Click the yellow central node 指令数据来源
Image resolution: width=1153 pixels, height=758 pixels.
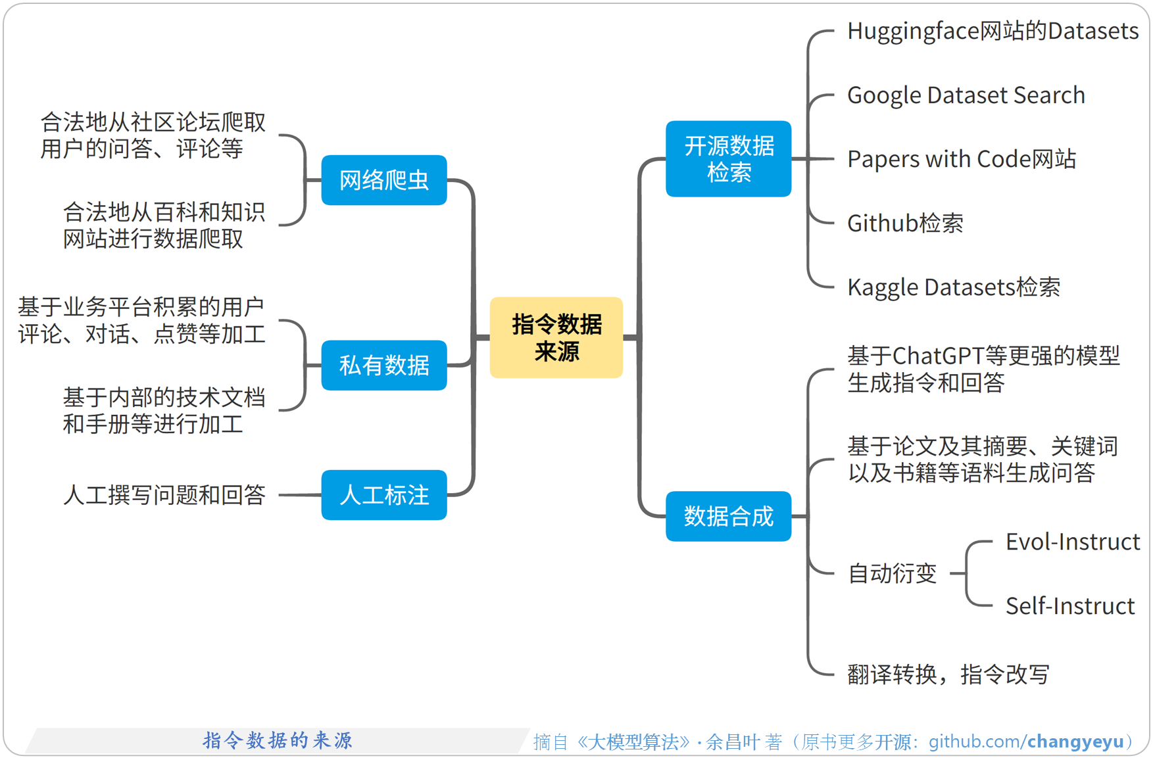click(556, 337)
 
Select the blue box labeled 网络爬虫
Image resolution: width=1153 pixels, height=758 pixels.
click(384, 180)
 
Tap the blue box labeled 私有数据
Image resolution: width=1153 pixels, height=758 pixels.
click(384, 366)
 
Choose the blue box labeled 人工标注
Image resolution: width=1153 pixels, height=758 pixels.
click(384, 495)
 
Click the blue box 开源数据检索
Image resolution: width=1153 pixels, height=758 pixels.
click(728, 159)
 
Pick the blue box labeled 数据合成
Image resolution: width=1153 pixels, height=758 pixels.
click(728, 517)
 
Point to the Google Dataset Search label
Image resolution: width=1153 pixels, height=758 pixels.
click(966, 95)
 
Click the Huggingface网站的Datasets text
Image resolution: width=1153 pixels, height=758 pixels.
click(993, 31)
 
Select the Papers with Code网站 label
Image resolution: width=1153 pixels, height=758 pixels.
click(961, 159)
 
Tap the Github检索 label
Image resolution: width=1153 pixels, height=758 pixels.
click(905, 224)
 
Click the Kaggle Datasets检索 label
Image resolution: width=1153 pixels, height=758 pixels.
click(953, 287)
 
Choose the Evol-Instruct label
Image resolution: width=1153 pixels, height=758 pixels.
click(1072, 542)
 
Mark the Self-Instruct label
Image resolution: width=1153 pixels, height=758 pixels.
click(1069, 606)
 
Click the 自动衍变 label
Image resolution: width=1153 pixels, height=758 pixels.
click(892, 573)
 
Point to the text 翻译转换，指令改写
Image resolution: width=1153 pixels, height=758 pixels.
click(948, 675)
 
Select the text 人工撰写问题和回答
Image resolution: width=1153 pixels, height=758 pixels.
click(164, 495)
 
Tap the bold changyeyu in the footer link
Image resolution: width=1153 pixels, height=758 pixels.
click(1075, 742)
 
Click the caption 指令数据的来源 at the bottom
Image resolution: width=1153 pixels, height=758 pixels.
click(277, 740)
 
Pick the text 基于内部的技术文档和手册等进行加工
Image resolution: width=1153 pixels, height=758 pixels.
click(164, 410)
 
